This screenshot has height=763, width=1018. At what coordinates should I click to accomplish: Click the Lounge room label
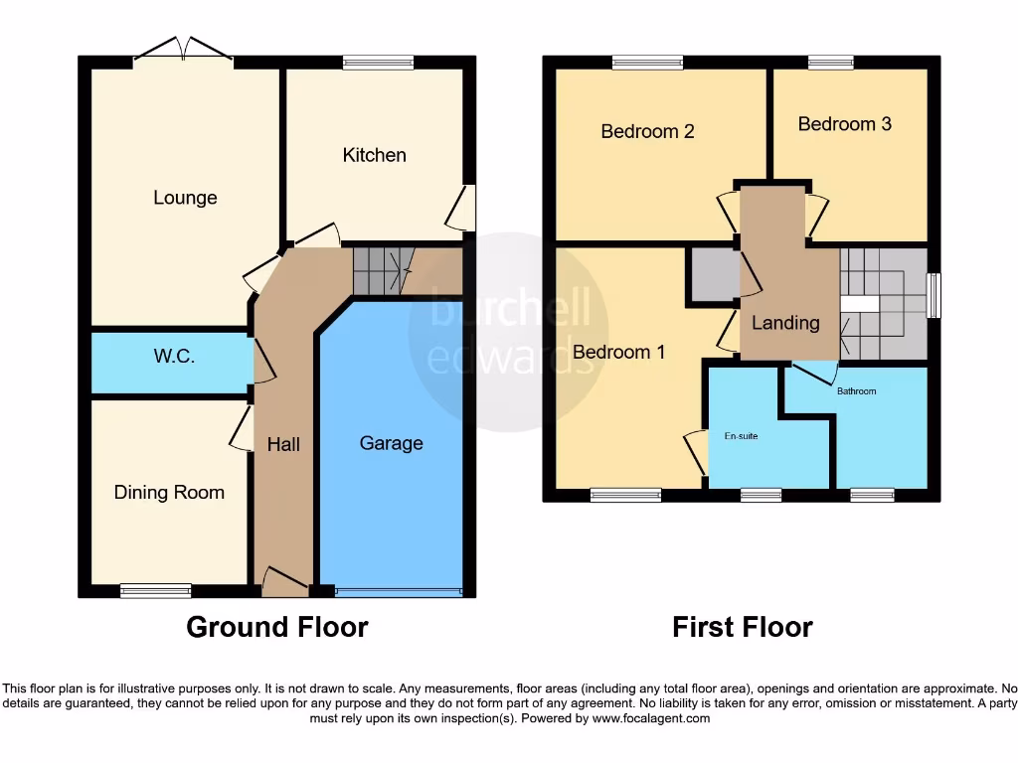pos(185,198)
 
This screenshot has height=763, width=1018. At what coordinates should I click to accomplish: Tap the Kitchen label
pos(374,155)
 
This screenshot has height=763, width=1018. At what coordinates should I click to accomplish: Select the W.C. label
pos(174,357)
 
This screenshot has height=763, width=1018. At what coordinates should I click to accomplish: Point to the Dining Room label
pos(169,492)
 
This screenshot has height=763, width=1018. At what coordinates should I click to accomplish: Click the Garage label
pos(391,443)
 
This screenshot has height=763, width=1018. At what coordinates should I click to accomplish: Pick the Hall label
pos(283,444)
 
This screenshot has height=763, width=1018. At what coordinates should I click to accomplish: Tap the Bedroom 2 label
pos(647,131)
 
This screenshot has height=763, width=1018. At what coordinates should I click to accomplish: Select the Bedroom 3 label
pos(844,124)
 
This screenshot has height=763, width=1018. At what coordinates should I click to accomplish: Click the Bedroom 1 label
pos(618,352)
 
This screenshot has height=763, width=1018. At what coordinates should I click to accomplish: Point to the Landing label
pos(785,323)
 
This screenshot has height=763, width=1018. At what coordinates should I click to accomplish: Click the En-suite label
pos(741,436)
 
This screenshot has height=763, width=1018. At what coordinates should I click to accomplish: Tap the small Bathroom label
pos(856,391)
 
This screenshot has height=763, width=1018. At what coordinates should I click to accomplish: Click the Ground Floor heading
pos(277,627)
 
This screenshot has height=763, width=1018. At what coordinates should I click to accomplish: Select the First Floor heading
pos(742,627)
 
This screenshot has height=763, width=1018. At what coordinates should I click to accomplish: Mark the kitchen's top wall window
pos(378,63)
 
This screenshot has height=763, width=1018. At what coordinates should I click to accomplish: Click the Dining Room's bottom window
pos(155,591)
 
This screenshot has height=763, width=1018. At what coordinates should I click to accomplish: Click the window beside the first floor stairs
pos(933,296)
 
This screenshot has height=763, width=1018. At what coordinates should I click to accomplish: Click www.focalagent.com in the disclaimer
pos(651,718)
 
